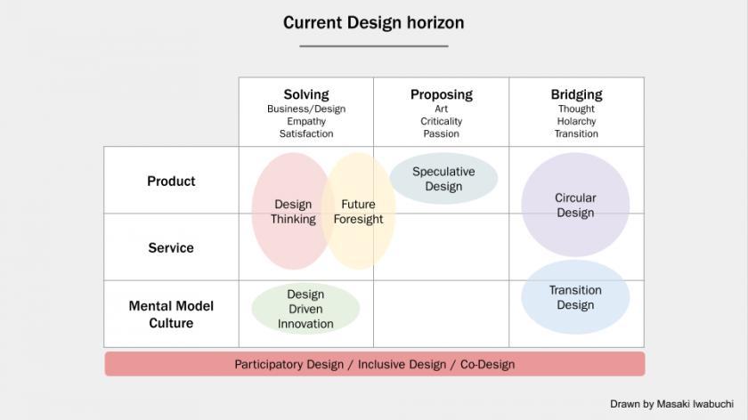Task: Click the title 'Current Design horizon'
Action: pyautogui.click(x=373, y=22)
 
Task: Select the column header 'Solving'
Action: pyautogui.click(x=306, y=94)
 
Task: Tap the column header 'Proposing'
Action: pyautogui.click(x=442, y=94)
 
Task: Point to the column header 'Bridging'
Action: pyautogui.click(x=576, y=94)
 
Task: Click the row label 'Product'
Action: pyautogui.click(x=171, y=182)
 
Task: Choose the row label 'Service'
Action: pyautogui.click(x=171, y=248)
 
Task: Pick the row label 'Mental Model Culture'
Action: pyautogui.click(x=171, y=314)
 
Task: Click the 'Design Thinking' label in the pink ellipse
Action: pyautogui.click(x=293, y=212)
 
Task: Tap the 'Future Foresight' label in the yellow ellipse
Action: pyautogui.click(x=358, y=212)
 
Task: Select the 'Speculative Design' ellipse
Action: pyautogui.click(x=443, y=178)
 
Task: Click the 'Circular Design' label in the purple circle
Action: pyautogui.click(x=575, y=205)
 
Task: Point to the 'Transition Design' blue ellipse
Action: pyautogui.click(x=575, y=297)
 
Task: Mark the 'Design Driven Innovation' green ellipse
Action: pyautogui.click(x=305, y=309)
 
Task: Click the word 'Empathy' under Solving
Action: pyautogui.click(x=306, y=121)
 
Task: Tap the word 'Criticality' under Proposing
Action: pyautogui.click(x=442, y=121)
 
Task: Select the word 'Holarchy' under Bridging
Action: pyautogui.click(x=576, y=121)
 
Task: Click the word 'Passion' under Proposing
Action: pyautogui.click(x=442, y=133)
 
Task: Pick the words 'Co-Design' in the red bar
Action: pyautogui.click(x=488, y=364)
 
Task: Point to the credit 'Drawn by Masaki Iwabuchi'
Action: pyautogui.click(x=671, y=404)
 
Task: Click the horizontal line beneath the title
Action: pyautogui.click(x=374, y=46)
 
